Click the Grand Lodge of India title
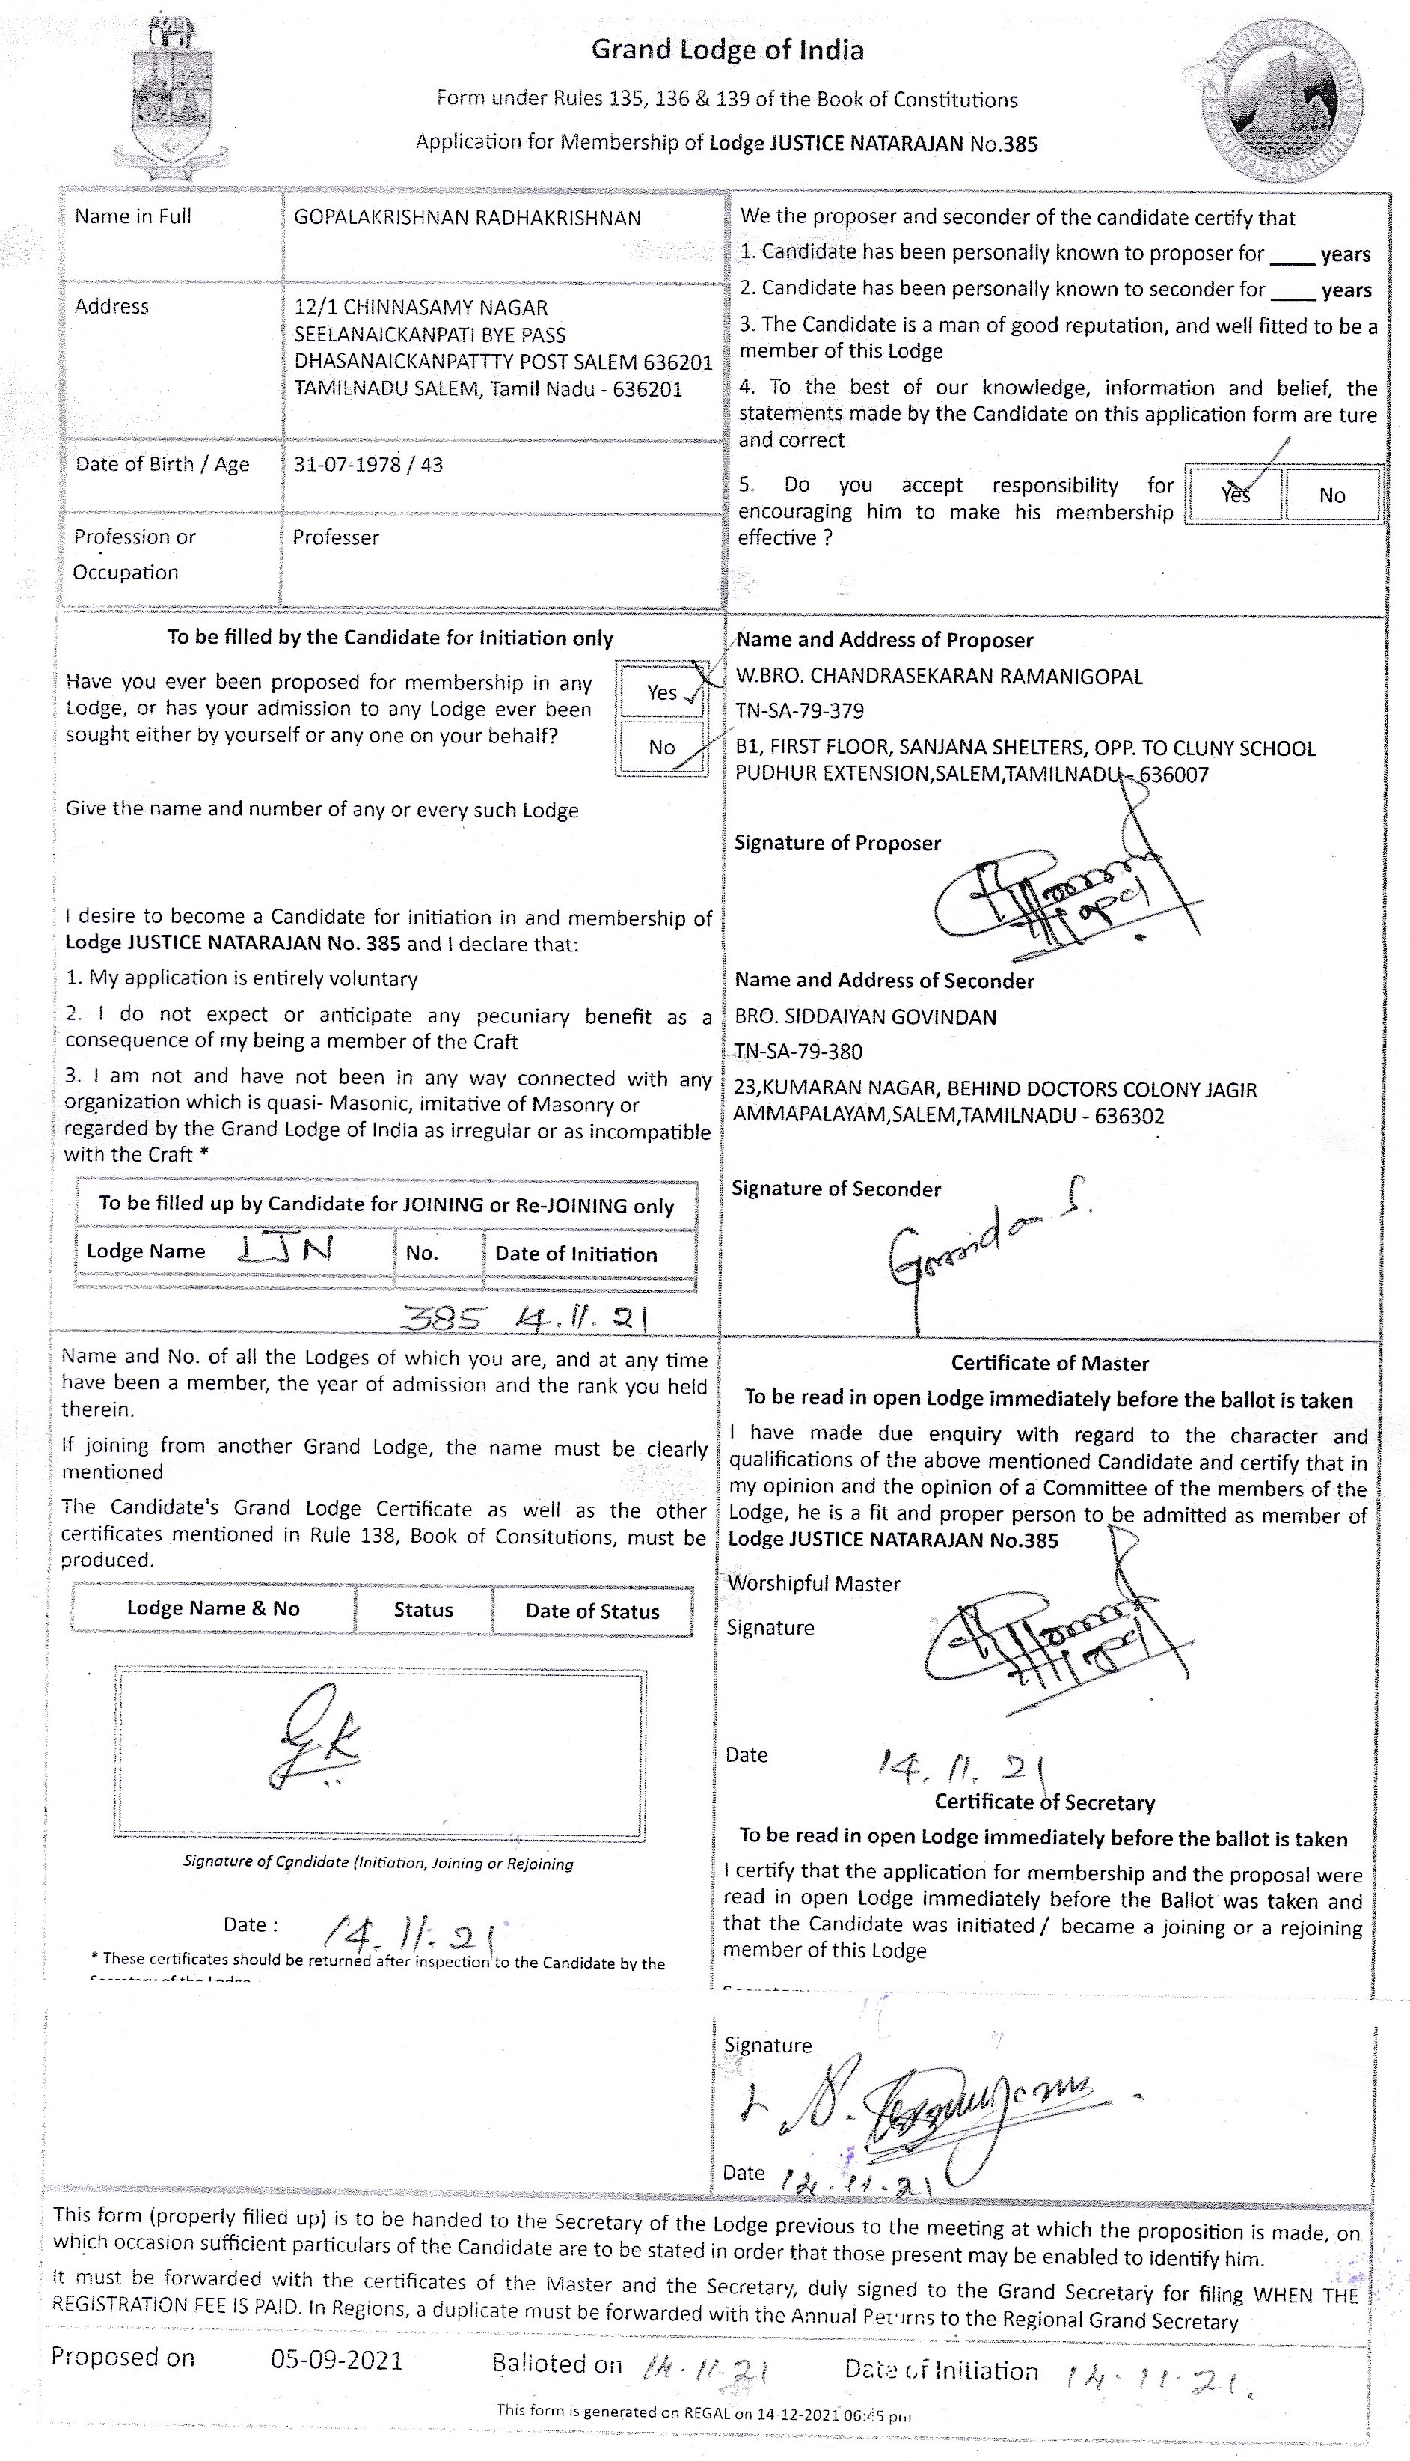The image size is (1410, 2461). [x=727, y=49]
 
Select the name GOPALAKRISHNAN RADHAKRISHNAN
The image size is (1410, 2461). [x=467, y=218]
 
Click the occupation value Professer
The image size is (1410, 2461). [x=335, y=537]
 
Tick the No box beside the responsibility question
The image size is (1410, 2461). [x=1331, y=495]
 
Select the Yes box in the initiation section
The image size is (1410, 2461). [x=663, y=691]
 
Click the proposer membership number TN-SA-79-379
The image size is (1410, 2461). [x=799, y=711]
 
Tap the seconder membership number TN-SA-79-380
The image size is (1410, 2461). [x=797, y=1052]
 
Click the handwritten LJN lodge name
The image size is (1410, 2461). [x=286, y=1249]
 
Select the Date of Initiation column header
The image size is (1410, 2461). [x=575, y=1254]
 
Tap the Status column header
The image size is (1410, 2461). [x=423, y=1609]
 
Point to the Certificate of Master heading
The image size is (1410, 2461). [x=1049, y=1363]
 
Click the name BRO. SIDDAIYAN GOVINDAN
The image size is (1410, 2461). [x=865, y=1016]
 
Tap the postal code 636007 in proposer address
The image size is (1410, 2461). [x=1174, y=774]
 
